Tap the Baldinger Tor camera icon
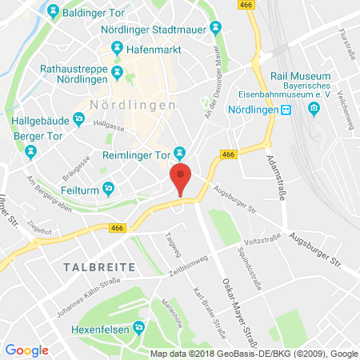(53, 11)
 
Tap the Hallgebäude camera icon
(78, 120)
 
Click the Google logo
(26, 350)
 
